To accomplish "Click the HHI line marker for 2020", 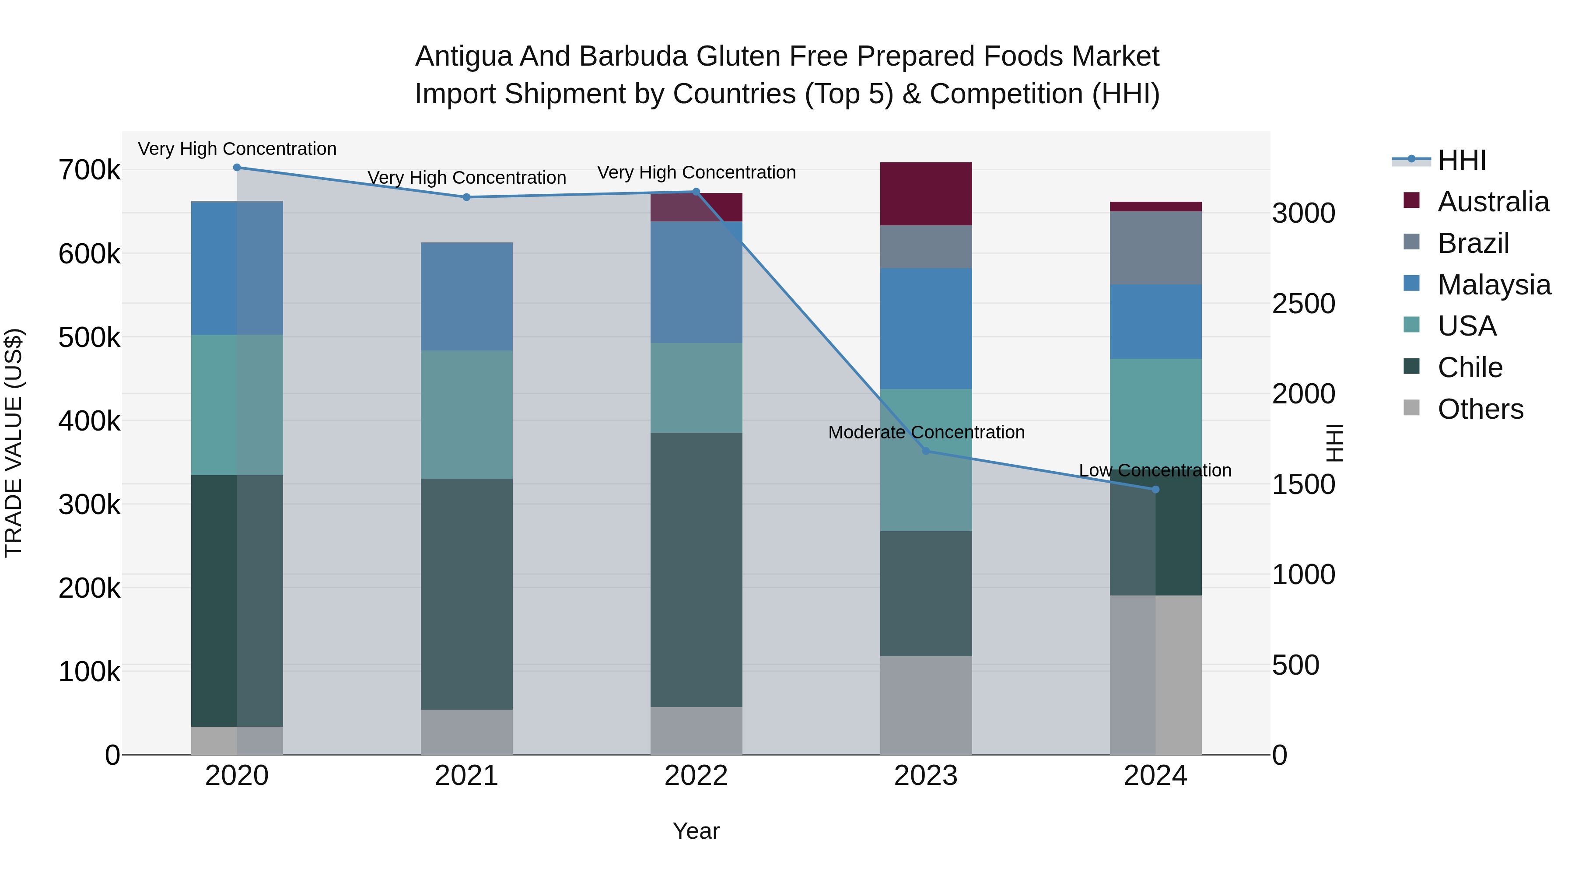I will pyautogui.click(x=237, y=168).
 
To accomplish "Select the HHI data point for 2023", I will pyautogui.click(x=926, y=451).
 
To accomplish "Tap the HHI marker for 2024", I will pyautogui.click(x=1155, y=489).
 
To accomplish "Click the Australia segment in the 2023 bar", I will pyautogui.click(x=926, y=194).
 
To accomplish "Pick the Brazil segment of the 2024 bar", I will pyautogui.click(x=1155, y=248).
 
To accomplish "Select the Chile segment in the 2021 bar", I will pyautogui.click(x=466, y=594).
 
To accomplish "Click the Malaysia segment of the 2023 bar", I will pyautogui.click(x=926, y=328).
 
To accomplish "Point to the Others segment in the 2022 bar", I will pyautogui.click(x=696, y=731).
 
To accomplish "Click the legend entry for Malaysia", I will pyautogui.click(x=1494, y=285).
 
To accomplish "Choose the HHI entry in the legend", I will pyautogui.click(x=1461, y=160).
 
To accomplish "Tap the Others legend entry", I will pyautogui.click(x=1480, y=409).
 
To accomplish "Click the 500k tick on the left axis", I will pyautogui.click(x=89, y=337).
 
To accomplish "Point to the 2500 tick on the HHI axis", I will pyautogui.click(x=1304, y=304).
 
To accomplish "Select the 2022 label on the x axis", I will pyautogui.click(x=696, y=776).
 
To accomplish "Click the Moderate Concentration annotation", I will pyautogui.click(x=926, y=432).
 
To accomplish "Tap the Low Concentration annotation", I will pyautogui.click(x=1155, y=470).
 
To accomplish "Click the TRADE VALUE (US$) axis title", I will pyautogui.click(x=14, y=443).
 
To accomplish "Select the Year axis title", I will pyautogui.click(x=696, y=831).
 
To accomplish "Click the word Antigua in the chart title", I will pyautogui.click(x=463, y=56).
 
